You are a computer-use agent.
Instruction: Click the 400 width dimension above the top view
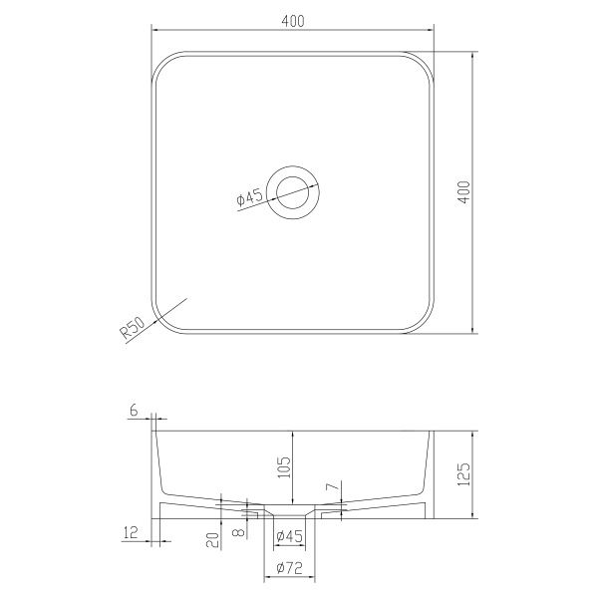[293, 21]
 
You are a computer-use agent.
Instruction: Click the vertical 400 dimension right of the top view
[463, 192]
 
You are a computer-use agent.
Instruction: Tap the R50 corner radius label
[133, 328]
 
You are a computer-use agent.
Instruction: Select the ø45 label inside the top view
[250, 198]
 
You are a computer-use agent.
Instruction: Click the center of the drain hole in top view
[292, 192]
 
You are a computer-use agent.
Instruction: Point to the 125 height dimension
[463, 474]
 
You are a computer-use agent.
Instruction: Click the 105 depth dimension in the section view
[284, 466]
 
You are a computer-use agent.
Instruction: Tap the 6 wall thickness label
[134, 411]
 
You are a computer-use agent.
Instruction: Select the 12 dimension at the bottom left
[130, 532]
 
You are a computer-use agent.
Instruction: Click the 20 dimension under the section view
[213, 539]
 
